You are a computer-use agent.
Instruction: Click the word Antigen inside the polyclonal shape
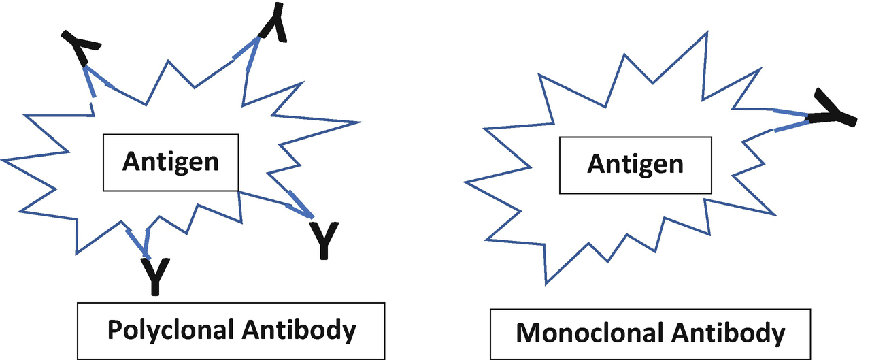coord(170,162)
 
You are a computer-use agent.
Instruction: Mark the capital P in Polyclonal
coord(116,331)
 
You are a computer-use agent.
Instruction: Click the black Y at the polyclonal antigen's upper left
coord(82,48)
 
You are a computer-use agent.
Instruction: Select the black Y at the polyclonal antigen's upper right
coord(273,22)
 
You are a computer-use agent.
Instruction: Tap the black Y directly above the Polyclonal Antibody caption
coord(156,276)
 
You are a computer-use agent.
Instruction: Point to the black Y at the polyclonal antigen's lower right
coord(323,238)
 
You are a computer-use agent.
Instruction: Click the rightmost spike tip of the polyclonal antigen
coord(358,123)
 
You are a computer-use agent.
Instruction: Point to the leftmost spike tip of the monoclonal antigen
coord(465,182)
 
